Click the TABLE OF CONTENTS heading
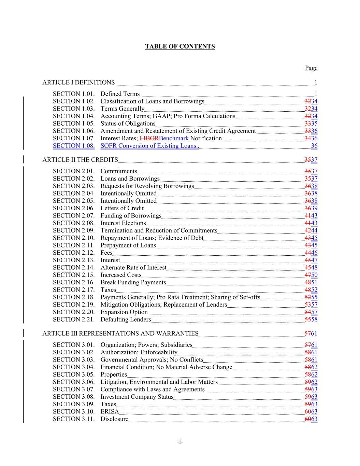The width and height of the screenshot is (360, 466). [x=180, y=46]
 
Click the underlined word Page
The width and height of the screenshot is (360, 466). [x=311, y=68]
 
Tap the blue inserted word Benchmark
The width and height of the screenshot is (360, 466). [x=174, y=138]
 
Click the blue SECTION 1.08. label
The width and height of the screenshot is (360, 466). [x=74, y=146]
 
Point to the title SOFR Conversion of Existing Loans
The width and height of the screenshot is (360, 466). [x=149, y=146]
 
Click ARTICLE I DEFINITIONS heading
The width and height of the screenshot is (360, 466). [x=78, y=83]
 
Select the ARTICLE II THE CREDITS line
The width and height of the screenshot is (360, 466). [x=80, y=160]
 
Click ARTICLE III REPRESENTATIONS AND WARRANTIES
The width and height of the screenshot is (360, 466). [x=120, y=334]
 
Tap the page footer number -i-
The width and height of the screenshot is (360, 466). [x=180, y=442]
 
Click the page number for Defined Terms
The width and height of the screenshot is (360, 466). [x=316, y=94]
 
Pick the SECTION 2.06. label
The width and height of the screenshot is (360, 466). [x=74, y=208]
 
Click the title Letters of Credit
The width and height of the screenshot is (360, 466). [x=122, y=208]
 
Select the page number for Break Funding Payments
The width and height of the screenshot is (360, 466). [x=311, y=282]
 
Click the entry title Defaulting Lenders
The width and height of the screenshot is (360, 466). [x=126, y=320]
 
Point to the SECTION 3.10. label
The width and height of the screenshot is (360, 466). [x=74, y=412]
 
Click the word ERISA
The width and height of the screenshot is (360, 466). [x=110, y=412]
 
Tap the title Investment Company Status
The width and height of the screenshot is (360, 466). [x=137, y=397]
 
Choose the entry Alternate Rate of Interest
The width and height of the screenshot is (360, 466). [x=133, y=268]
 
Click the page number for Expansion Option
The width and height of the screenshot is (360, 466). [x=311, y=312]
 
